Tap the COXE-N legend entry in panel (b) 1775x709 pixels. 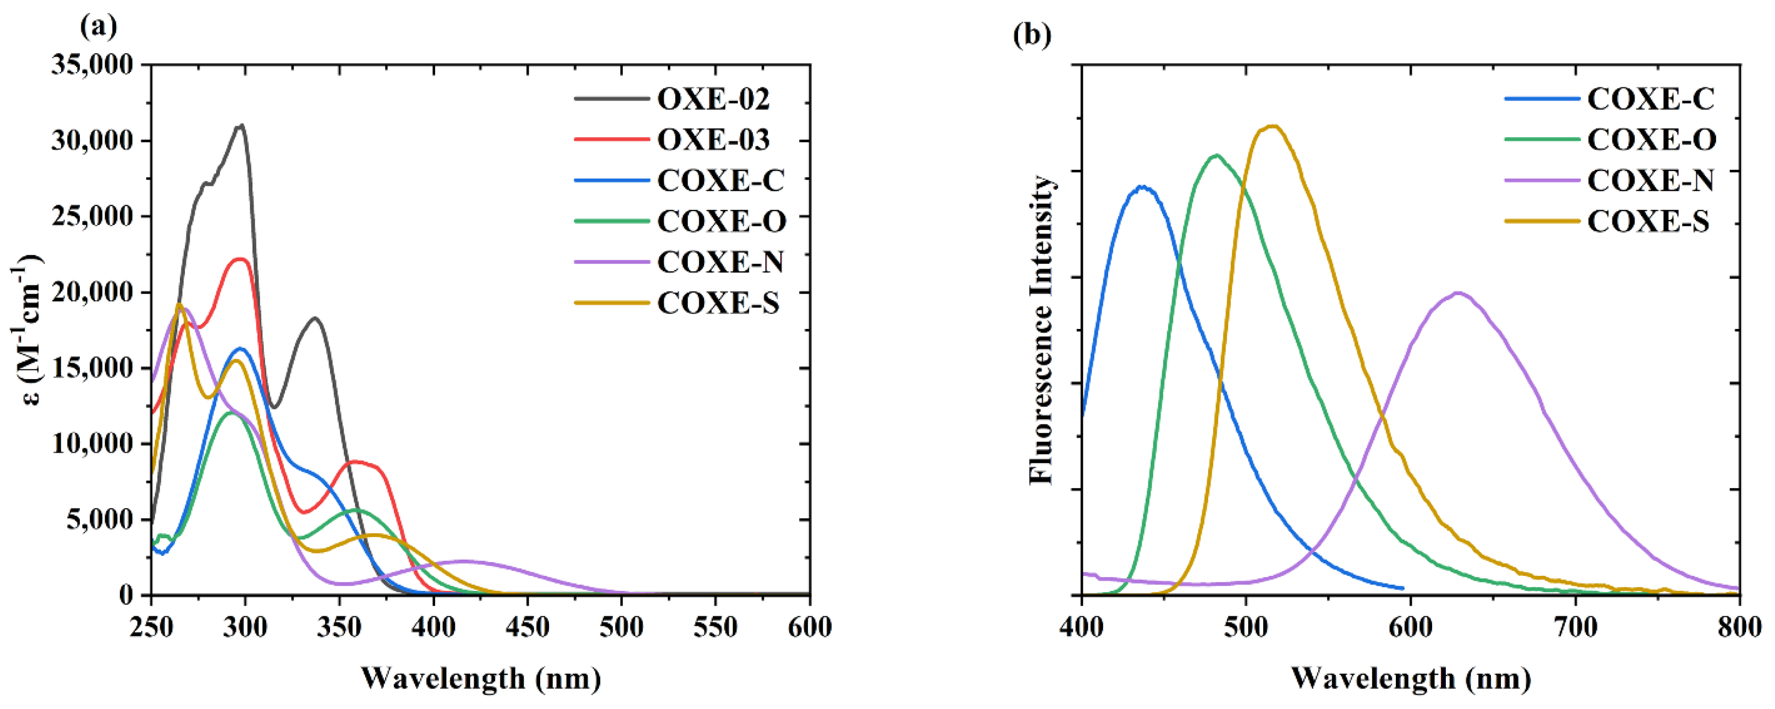[1650, 180]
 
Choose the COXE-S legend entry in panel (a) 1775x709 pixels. [718, 303]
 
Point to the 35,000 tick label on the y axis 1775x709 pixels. [92, 65]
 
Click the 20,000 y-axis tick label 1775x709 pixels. [92, 292]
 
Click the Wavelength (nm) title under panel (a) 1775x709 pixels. [480, 679]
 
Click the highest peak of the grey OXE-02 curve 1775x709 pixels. [241, 125]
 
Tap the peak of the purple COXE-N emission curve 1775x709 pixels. [1457, 293]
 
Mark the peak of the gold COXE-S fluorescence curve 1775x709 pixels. [1273, 126]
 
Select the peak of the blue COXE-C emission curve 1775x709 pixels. [1143, 187]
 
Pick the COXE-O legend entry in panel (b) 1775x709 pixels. [1652, 140]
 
